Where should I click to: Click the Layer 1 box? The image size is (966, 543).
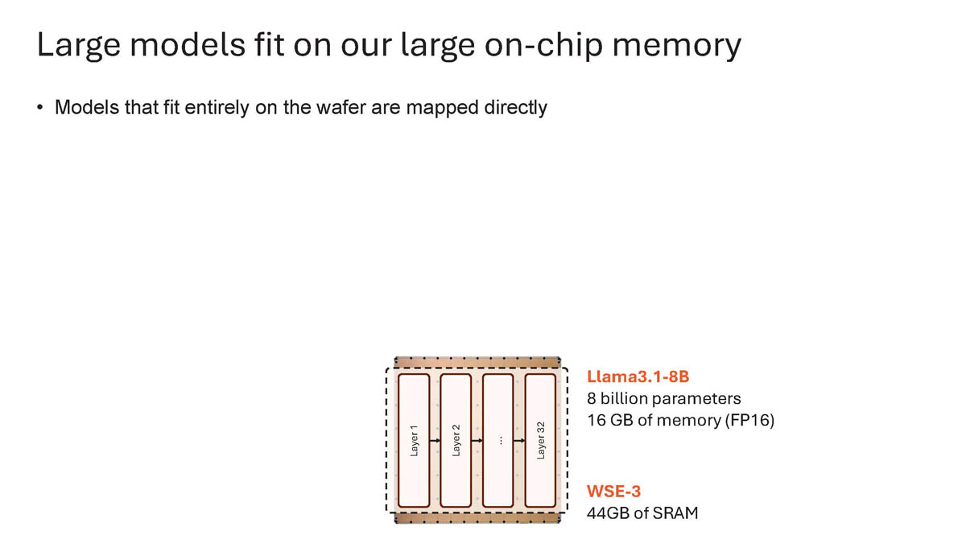pyautogui.click(x=415, y=441)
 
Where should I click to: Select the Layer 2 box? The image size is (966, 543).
pyautogui.click(x=456, y=441)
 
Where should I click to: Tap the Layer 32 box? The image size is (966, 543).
pyautogui.click(x=540, y=441)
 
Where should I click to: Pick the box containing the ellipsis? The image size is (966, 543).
pyautogui.click(x=498, y=441)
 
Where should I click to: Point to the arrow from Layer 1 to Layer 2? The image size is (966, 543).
pyautogui.click(x=436, y=441)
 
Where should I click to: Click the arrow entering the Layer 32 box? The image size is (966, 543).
pyautogui.click(x=519, y=441)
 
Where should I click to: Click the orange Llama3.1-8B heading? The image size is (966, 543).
pyautogui.click(x=638, y=376)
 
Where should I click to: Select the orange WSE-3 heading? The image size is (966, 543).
pyautogui.click(x=613, y=490)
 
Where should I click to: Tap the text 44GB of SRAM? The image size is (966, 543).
pyautogui.click(x=642, y=512)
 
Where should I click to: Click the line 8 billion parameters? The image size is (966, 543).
pyautogui.click(x=664, y=398)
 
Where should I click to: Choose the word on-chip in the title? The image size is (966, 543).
pyautogui.click(x=539, y=46)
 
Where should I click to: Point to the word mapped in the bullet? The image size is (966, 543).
pyautogui.click(x=438, y=107)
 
